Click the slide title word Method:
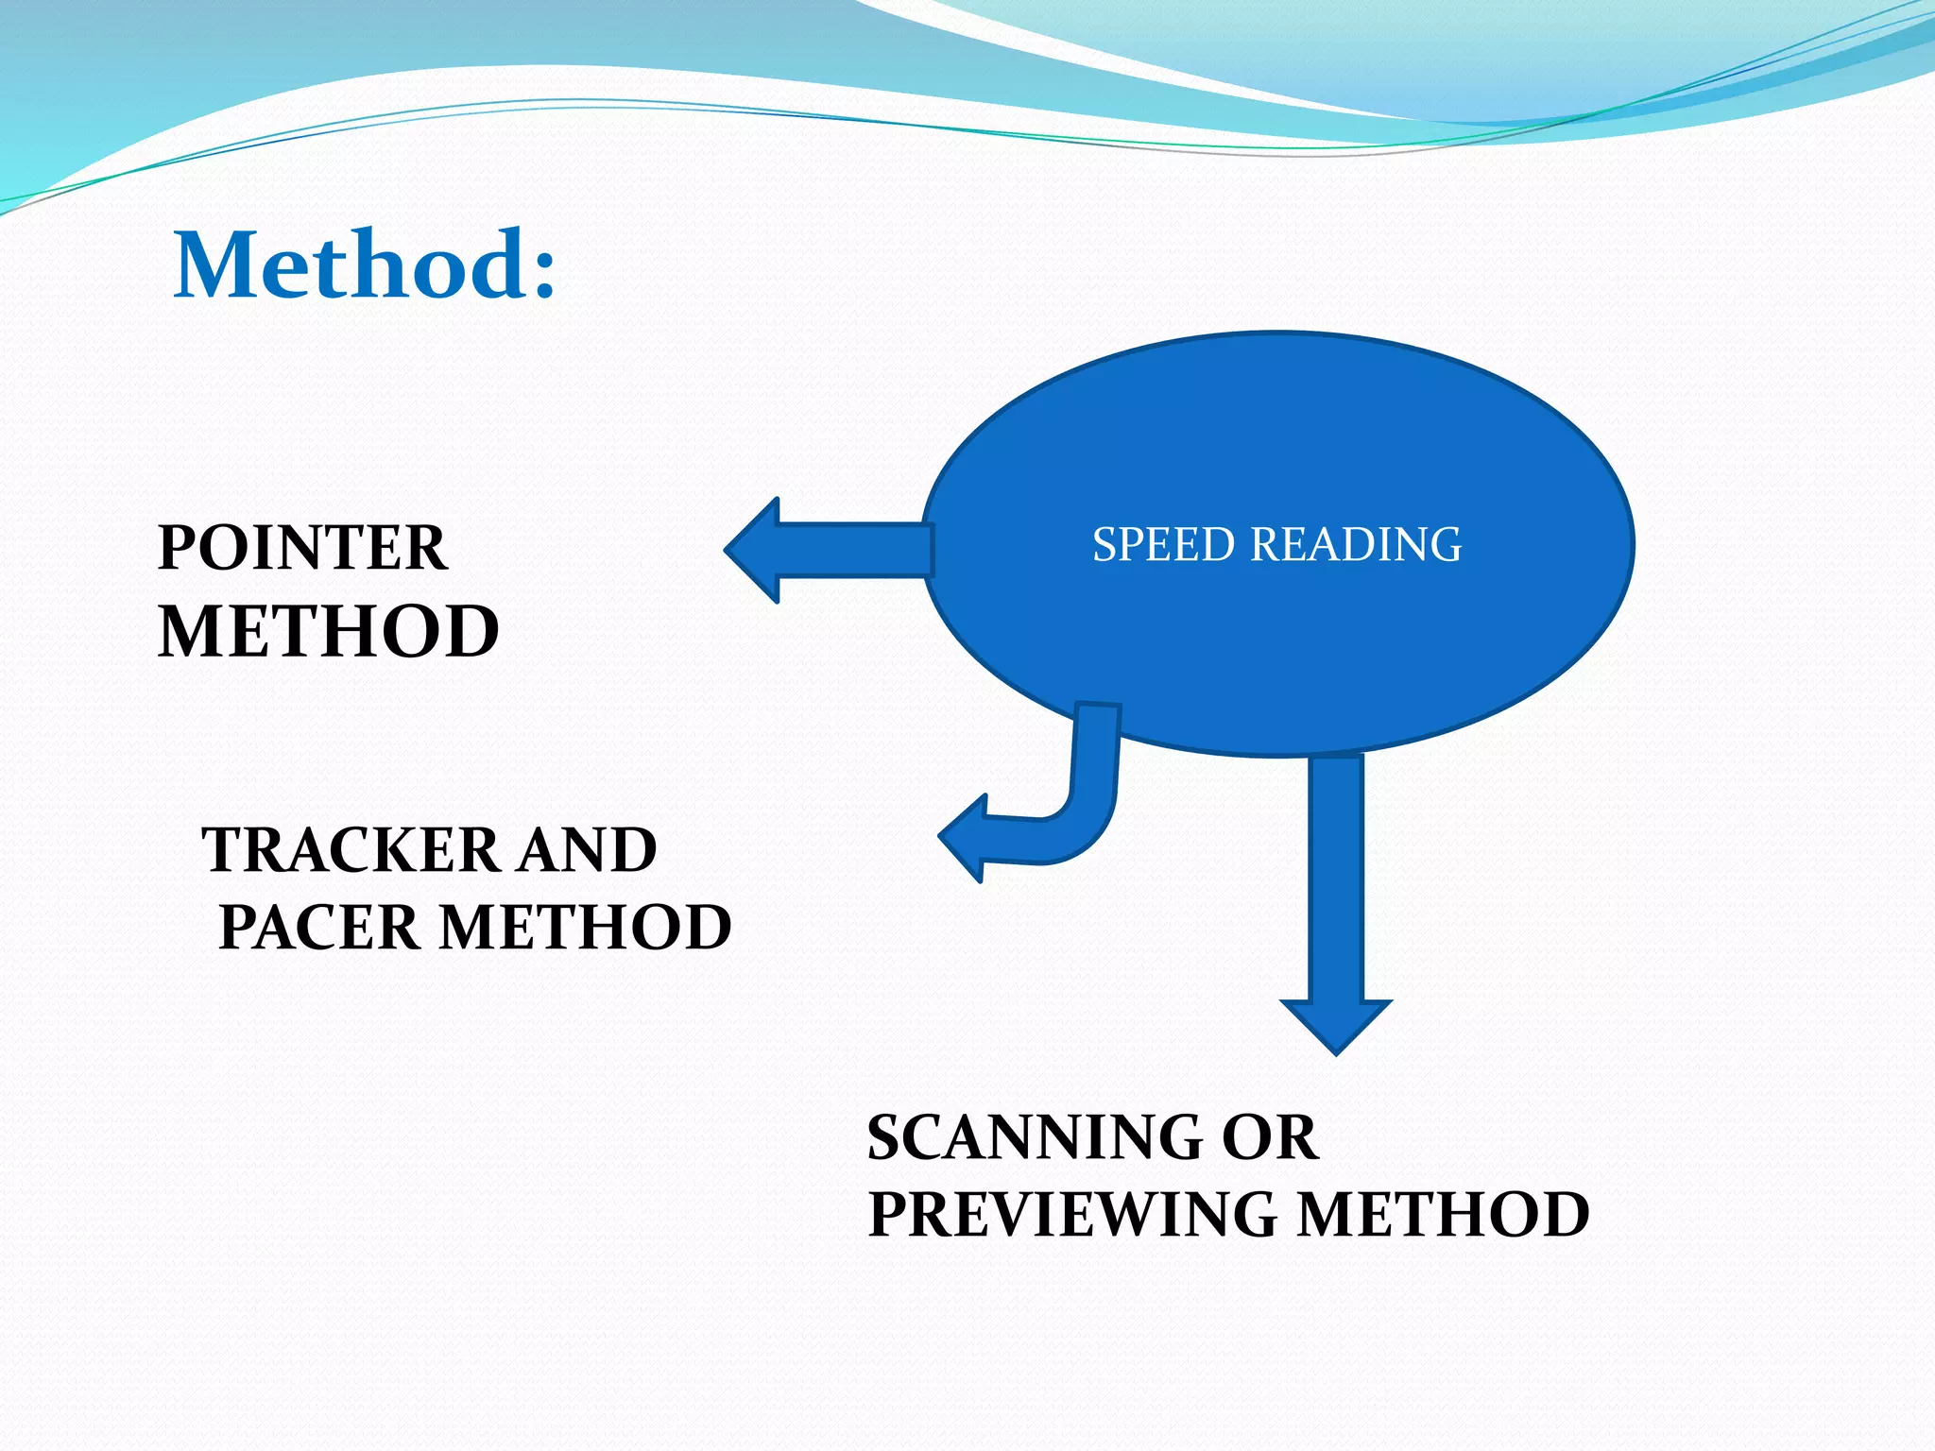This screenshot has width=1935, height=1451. click(x=364, y=266)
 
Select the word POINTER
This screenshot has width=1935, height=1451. click(x=302, y=548)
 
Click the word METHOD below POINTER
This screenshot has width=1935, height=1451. click(x=328, y=632)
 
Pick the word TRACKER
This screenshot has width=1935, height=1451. click(x=350, y=849)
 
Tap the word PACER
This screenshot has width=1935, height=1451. click(x=318, y=927)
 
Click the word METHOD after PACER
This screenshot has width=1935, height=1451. click(x=586, y=927)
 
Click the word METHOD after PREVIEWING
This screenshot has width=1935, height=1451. click(x=1443, y=1215)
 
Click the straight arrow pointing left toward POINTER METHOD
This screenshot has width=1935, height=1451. click(x=850, y=550)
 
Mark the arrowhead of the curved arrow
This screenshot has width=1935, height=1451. click(x=964, y=838)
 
